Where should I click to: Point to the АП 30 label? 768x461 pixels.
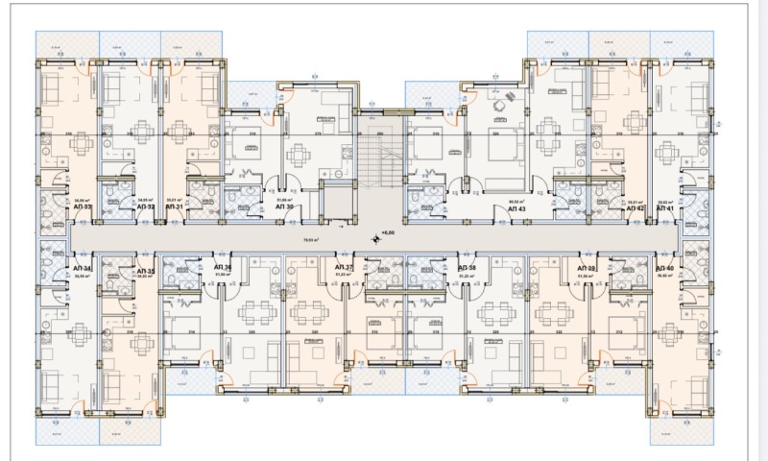pyautogui.click(x=284, y=206)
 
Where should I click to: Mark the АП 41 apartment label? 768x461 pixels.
pyautogui.click(x=664, y=206)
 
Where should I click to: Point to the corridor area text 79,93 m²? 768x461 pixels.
pyautogui.click(x=311, y=240)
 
